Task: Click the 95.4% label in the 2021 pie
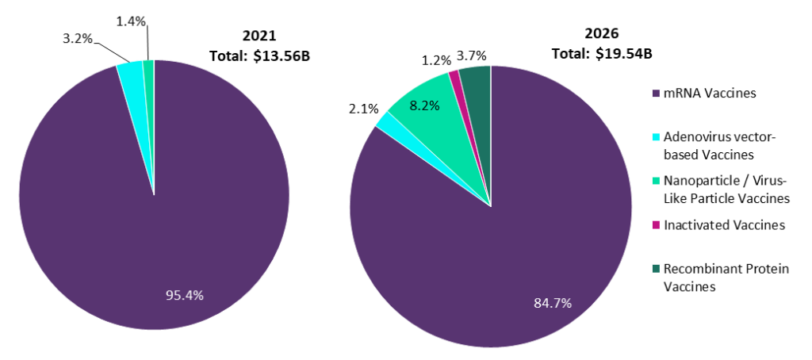(x=184, y=295)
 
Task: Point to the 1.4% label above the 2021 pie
(x=130, y=21)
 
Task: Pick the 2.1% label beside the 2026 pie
(x=365, y=108)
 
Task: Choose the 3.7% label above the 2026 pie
(x=473, y=56)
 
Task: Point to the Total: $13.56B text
(x=259, y=56)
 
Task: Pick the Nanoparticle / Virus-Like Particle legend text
(x=726, y=189)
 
